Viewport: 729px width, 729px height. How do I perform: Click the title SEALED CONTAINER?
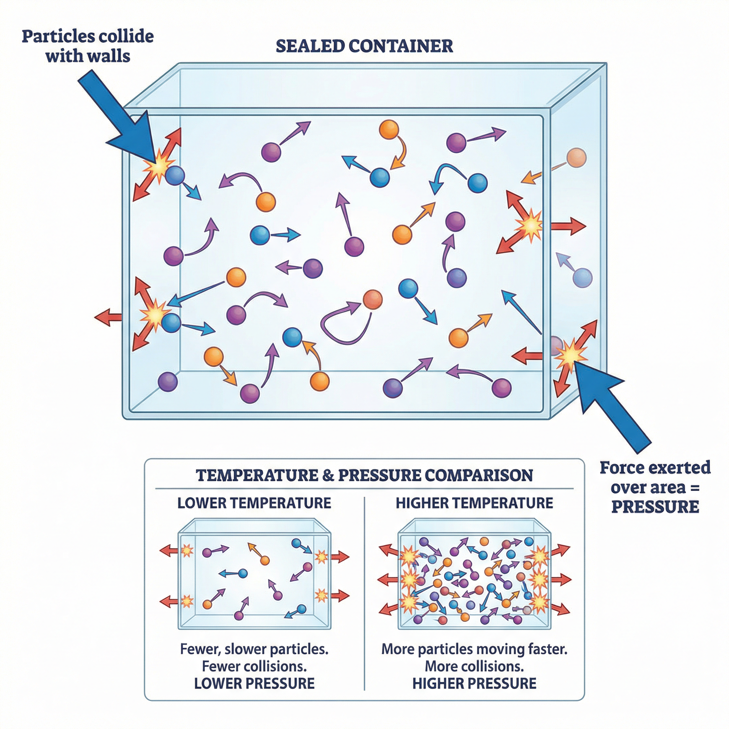click(364, 46)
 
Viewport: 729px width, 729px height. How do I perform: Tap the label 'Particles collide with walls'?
click(88, 46)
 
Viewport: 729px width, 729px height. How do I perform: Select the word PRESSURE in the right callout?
click(655, 507)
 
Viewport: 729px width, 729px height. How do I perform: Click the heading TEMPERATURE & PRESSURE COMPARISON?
click(364, 476)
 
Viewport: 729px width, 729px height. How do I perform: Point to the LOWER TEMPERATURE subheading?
click(254, 503)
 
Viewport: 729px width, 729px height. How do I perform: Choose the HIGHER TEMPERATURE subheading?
click(474, 503)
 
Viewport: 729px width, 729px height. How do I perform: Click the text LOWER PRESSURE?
click(254, 683)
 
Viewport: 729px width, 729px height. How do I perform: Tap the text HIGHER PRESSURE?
click(474, 683)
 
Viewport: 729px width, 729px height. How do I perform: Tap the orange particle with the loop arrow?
click(372, 300)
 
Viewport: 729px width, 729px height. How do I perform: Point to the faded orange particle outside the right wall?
click(576, 158)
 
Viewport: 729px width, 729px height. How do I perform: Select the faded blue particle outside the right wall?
click(582, 278)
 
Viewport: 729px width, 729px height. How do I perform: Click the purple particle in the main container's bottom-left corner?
click(168, 382)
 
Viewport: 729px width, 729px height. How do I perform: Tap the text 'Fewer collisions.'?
click(254, 666)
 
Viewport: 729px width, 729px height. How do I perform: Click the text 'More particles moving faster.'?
click(474, 649)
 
